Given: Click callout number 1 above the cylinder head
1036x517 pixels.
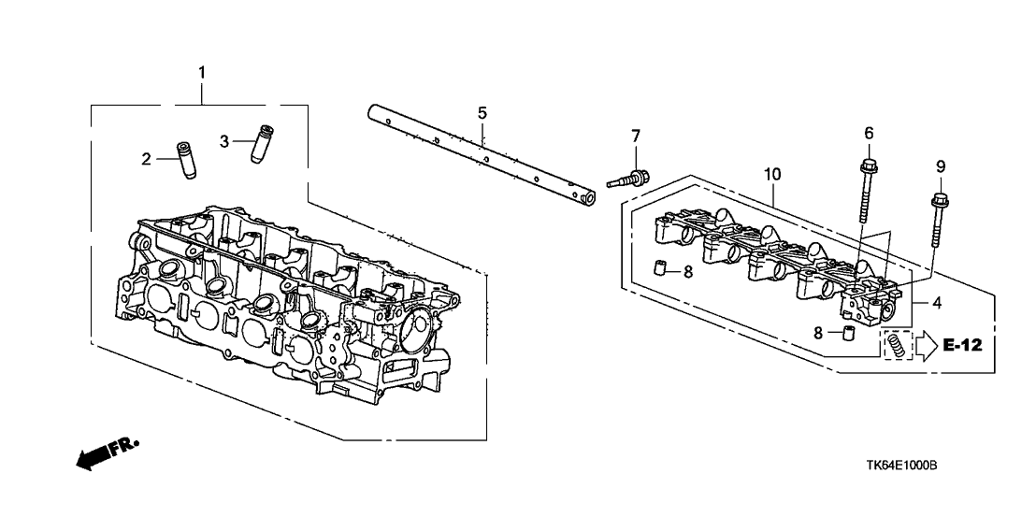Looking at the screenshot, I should point(202,72).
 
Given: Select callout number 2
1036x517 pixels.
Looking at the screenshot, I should point(146,160).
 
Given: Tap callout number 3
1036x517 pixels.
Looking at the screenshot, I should point(224,141).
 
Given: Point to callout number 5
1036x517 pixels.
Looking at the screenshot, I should point(482,113).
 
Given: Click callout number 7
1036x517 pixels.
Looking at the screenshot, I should point(636,136).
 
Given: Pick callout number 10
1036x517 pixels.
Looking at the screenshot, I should point(771,174).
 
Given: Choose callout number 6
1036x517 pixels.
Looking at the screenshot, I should point(869,135).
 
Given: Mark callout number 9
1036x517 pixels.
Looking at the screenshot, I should point(941,166).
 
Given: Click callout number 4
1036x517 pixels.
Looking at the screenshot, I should point(937,302).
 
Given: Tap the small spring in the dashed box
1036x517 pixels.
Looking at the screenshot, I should point(896,346).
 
